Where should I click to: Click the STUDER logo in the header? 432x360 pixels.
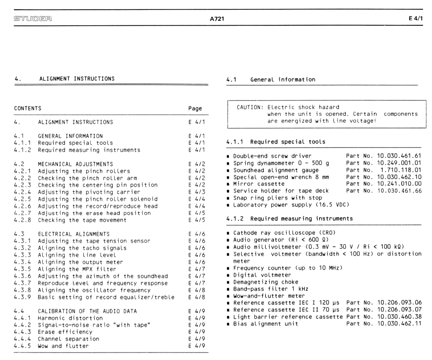coord(33,18)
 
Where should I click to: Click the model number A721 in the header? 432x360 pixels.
coord(217,19)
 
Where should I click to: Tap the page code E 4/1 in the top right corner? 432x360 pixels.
coord(416,18)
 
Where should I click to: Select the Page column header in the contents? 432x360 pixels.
coord(195,108)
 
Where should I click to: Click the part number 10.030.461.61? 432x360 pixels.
coord(399,156)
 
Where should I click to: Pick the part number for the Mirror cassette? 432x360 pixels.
coord(399,184)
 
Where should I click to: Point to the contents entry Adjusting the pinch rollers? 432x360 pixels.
coord(84,171)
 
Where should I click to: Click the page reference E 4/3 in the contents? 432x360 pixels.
coord(196,192)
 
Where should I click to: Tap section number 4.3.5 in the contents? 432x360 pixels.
coord(22,269)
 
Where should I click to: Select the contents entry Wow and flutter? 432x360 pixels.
coord(63,346)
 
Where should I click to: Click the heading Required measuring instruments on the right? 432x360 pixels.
coord(301,218)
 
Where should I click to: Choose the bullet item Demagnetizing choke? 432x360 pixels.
coord(266,282)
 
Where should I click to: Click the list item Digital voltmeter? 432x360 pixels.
coord(262,275)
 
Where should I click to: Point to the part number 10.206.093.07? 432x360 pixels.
coord(399,310)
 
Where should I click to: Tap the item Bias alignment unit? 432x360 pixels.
coord(266,324)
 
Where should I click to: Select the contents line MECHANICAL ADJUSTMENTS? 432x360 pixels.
coord(75,164)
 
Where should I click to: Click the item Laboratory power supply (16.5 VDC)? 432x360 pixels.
coord(291,205)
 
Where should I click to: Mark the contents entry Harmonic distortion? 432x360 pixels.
coord(70,318)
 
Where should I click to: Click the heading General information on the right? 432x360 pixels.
coord(283,79)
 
